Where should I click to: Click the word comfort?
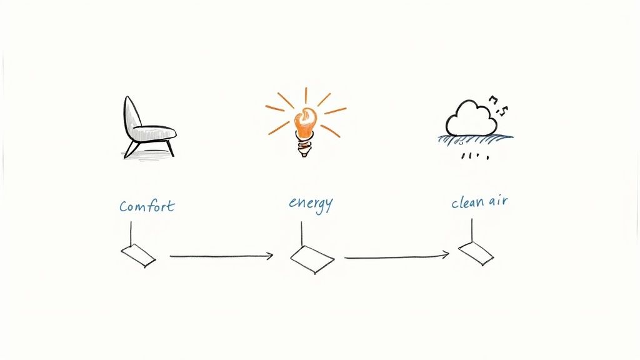coord(147,206)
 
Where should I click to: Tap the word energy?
coord(311,204)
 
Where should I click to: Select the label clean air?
coord(479,202)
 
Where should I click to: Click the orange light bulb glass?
coord(305,122)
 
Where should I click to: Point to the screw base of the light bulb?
coord(303,147)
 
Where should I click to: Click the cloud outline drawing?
coord(471,118)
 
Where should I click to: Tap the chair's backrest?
coord(131,116)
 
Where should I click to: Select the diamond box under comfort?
coord(138,256)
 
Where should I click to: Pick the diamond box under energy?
coord(312,259)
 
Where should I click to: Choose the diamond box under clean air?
coord(476,253)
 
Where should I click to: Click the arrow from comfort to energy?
coord(221,256)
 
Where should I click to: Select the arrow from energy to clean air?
coord(396,257)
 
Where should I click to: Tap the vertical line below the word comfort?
coord(131,234)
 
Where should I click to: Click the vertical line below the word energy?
coord(302,234)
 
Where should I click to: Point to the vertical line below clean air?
coord(472,231)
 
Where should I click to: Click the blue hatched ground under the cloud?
coord(476,139)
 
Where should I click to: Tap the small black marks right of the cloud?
coord(498,105)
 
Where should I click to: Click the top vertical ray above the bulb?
coord(306,95)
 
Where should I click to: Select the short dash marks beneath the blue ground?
coord(475,156)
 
